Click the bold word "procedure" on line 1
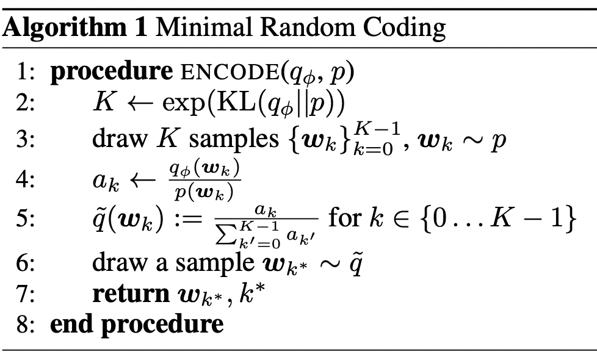coord(112,72)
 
